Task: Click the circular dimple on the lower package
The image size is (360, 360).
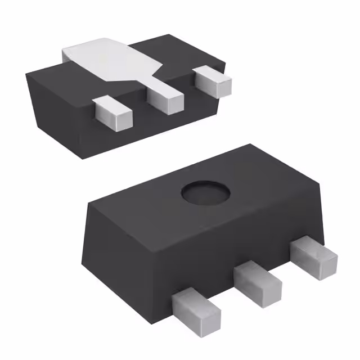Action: point(206,194)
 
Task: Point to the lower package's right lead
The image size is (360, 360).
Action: point(313,256)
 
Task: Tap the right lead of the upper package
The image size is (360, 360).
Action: point(212,81)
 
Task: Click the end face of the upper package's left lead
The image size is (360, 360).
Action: point(120,119)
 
